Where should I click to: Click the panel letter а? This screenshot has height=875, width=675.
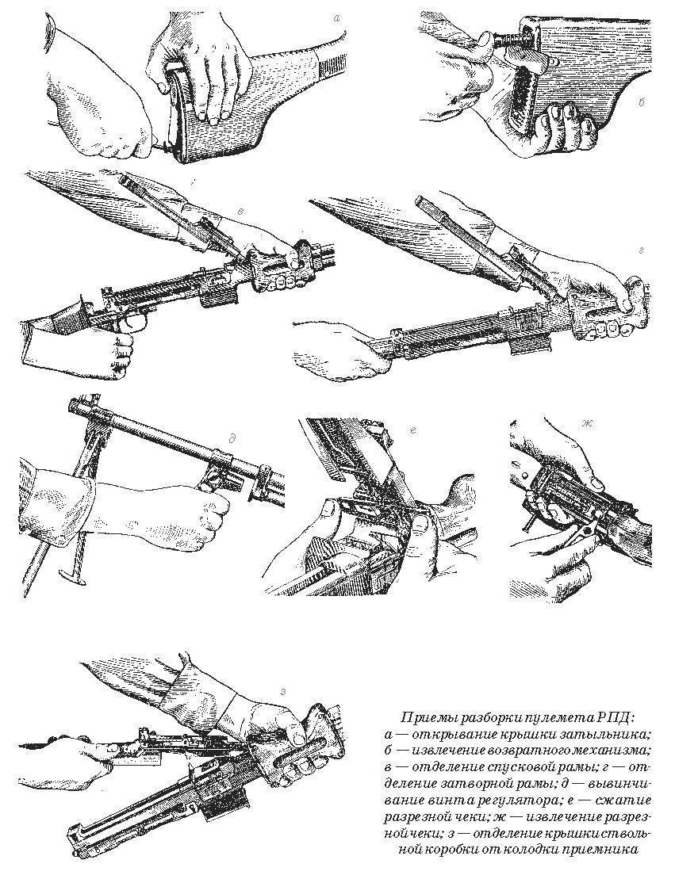click(336, 18)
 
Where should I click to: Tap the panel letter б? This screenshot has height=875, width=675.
click(642, 103)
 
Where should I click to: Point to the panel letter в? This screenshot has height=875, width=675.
click(240, 210)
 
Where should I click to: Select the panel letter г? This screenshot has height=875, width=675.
click(641, 251)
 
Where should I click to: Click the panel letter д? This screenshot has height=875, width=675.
click(231, 438)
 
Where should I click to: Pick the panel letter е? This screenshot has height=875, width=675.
click(412, 430)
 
